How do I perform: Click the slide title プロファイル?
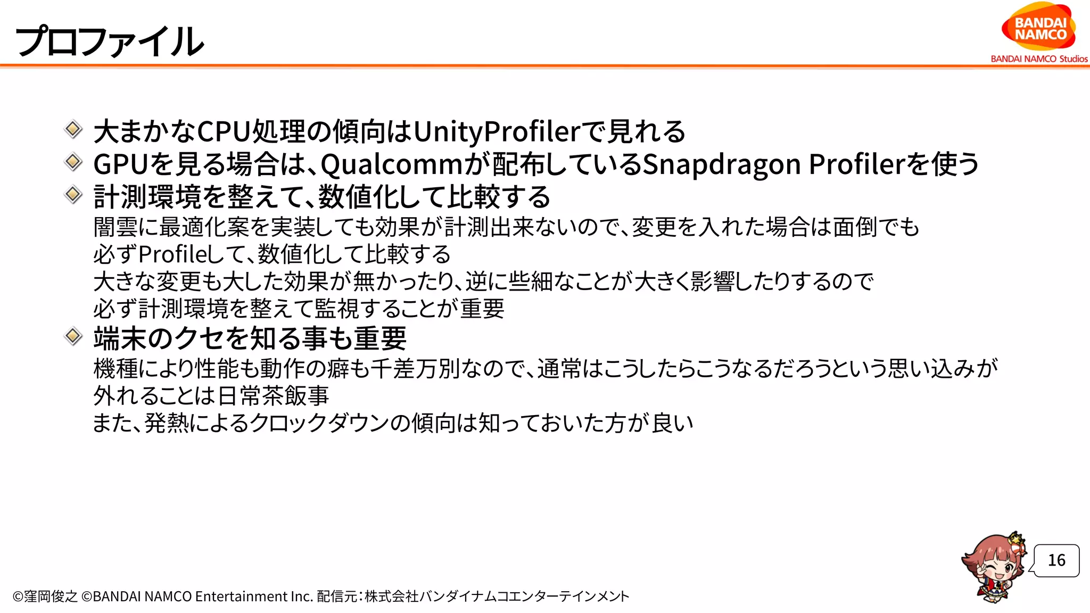[x=110, y=42]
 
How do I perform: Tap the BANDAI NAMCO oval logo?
[x=1039, y=28]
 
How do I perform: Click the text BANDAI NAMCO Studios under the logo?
[x=1039, y=59]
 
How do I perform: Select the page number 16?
[x=1056, y=560]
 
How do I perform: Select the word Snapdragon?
[x=722, y=164]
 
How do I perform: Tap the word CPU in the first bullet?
[x=224, y=131]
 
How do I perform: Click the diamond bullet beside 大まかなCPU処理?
[x=73, y=129]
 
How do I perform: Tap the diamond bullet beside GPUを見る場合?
[x=73, y=162]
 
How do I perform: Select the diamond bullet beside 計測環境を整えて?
[x=73, y=194]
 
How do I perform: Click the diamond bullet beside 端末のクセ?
[x=73, y=336]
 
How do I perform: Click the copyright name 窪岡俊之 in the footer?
[x=51, y=597]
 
